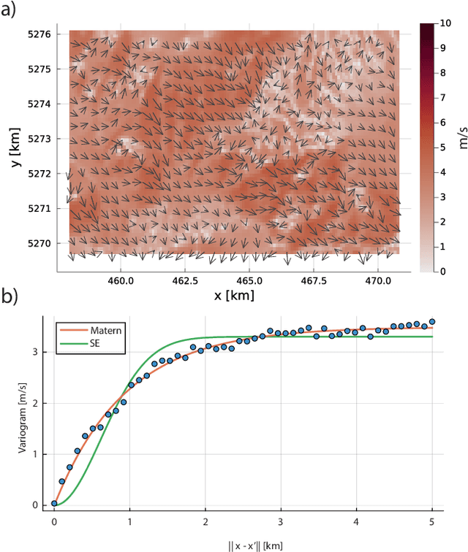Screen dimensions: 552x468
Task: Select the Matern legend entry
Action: (x=107, y=330)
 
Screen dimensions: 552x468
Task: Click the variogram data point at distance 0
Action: (x=54, y=503)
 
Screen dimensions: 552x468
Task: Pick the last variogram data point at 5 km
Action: (x=432, y=321)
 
